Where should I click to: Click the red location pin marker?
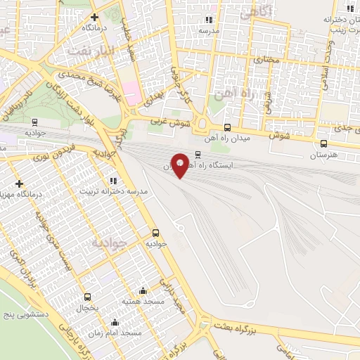[x=180, y=165]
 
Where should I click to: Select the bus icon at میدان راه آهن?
[x=227, y=127]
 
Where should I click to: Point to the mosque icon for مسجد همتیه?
[x=143, y=290]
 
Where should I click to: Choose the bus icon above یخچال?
[x=87, y=297]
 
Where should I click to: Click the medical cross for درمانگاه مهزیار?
[x=19, y=184]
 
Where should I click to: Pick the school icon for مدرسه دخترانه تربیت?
[x=113, y=181]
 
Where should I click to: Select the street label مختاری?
[x=266, y=60]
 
